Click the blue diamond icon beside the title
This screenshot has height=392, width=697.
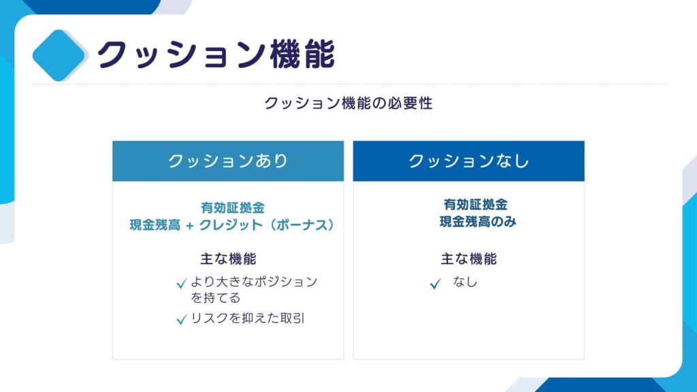tap(59, 56)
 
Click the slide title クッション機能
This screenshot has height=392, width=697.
tap(216, 54)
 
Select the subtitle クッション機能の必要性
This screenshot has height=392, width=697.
tap(348, 103)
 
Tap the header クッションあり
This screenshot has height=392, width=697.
tap(228, 161)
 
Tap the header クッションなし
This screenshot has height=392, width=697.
tap(468, 161)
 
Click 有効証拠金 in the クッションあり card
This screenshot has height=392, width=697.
tap(233, 208)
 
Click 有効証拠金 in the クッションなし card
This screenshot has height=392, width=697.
tap(475, 204)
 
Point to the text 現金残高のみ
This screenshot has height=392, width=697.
tap(478, 221)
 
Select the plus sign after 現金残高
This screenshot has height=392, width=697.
tap(190, 226)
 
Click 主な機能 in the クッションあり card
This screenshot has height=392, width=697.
tap(228, 259)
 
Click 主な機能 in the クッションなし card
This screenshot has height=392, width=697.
tap(468, 259)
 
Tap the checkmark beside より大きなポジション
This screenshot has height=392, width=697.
tap(181, 284)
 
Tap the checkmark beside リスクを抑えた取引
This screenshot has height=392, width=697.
tap(181, 320)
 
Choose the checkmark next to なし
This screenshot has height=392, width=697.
tap(436, 284)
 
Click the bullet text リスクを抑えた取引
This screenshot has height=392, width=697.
tap(248, 318)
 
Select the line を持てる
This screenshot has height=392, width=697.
tap(216, 298)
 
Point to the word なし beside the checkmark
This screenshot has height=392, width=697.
tap(465, 282)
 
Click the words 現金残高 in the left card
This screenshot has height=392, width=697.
tap(155, 225)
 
